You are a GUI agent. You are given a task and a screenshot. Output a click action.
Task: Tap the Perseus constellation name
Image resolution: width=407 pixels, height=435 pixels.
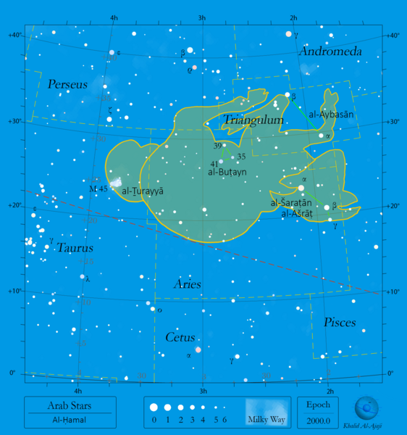point(67,85)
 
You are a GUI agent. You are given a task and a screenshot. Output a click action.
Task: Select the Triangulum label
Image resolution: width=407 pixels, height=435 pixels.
point(253,120)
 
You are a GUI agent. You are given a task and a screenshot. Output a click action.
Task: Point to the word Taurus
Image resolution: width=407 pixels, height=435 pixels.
point(75,247)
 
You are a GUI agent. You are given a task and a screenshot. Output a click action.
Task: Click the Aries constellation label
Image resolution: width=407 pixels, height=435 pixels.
point(187,284)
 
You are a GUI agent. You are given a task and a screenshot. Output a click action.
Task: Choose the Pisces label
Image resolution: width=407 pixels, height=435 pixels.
point(339,322)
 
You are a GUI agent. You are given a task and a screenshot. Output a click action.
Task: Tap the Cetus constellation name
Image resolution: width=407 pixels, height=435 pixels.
point(180,338)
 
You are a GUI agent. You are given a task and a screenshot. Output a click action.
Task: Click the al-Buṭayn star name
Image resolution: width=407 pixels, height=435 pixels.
point(227,173)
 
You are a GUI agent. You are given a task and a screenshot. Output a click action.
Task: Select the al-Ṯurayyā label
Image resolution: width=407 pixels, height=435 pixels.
point(143,191)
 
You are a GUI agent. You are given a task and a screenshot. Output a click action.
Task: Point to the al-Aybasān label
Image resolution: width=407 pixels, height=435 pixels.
point(331,115)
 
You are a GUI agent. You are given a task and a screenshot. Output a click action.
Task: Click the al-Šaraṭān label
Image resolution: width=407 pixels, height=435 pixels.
point(291,204)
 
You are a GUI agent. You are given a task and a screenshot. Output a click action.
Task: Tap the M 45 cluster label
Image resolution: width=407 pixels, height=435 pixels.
point(97,188)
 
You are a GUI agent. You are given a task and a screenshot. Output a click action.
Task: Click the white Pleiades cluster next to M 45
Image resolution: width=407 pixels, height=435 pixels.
point(114,182)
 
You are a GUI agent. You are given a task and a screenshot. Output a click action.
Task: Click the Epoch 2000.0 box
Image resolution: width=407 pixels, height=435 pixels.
point(318,413)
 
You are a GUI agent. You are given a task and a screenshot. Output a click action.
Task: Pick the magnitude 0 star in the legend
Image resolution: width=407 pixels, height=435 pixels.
point(154,408)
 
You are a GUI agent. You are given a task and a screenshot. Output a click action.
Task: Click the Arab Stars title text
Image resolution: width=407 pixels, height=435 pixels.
point(70,405)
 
